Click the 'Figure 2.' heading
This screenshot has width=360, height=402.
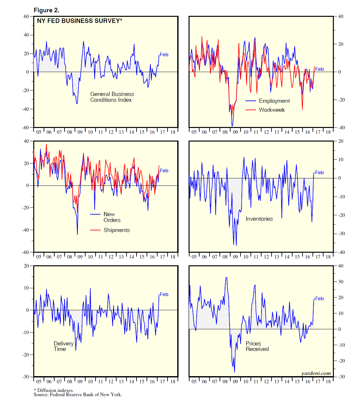coord(46,10)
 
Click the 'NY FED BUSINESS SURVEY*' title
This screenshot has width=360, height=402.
coord(79,21)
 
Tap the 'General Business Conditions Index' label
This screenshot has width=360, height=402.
coord(112,97)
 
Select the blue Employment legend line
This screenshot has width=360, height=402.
coord(251,101)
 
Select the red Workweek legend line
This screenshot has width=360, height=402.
coord(251,110)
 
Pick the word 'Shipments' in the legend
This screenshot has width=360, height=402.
coord(117,230)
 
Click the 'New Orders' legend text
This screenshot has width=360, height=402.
coord(112,217)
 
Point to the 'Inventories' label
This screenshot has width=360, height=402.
coord(259,219)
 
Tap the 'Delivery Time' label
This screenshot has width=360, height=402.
coord(63,346)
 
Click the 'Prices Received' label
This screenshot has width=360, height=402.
coord(257,346)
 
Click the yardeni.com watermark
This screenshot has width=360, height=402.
coord(316,374)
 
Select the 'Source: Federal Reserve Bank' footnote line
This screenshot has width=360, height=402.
coord(78,395)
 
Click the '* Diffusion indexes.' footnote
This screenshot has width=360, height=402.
coord(54,390)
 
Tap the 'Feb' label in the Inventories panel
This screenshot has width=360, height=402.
coord(319,173)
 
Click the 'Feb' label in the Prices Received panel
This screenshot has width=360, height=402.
coord(319,299)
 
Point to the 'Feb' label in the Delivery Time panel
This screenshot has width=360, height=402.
coord(164,294)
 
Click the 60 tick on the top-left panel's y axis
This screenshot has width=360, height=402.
coord(26,16)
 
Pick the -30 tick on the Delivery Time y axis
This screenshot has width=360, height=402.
coord(26,377)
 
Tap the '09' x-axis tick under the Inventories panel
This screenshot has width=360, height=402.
coord(235,257)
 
